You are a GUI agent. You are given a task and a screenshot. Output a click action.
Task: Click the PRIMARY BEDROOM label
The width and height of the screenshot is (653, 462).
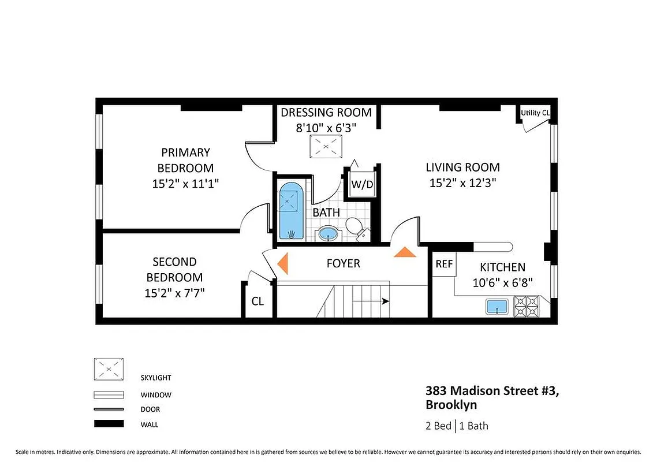(x=185, y=160)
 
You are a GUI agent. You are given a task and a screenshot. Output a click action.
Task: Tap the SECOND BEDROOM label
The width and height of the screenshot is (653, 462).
(x=174, y=269)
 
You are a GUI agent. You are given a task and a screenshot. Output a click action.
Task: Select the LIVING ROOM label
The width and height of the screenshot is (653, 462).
(x=462, y=167)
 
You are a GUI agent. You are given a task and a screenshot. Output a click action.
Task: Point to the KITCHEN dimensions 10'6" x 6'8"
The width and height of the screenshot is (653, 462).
(x=502, y=282)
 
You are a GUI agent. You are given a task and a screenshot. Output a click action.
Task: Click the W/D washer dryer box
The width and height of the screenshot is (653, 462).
(x=362, y=185)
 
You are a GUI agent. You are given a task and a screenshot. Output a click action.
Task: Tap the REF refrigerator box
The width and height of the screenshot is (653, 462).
(x=443, y=264)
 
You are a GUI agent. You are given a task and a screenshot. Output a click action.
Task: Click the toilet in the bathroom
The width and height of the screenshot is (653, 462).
(x=356, y=228)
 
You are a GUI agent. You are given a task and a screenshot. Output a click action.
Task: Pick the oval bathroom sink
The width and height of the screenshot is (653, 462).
(x=329, y=234)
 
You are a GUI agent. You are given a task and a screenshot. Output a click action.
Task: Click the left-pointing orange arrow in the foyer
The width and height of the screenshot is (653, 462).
(x=282, y=263)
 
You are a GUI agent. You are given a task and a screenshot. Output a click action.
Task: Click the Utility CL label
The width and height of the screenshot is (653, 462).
(x=535, y=113)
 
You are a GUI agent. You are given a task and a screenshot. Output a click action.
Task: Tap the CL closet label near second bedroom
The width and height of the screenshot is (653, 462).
(x=258, y=301)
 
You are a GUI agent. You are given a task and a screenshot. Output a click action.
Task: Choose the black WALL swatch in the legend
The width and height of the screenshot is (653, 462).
(x=109, y=423)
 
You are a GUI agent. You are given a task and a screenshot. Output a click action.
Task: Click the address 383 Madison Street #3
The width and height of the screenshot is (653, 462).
(x=492, y=391)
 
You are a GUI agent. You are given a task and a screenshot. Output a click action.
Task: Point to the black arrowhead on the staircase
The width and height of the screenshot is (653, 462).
(x=385, y=301)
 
